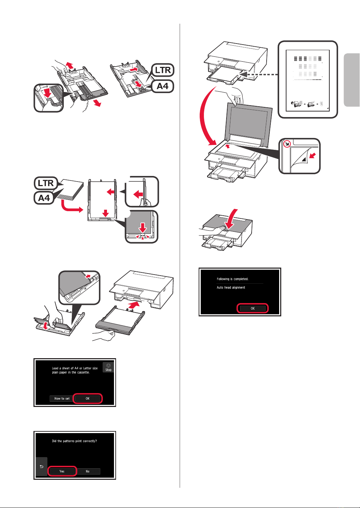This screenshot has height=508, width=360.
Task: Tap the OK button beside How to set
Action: pyautogui.click(x=87, y=399)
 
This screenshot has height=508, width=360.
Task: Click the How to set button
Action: pyautogui.click(x=62, y=399)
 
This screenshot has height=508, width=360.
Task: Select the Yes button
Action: pyautogui.click(x=62, y=471)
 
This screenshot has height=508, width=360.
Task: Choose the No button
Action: pyautogui.click(x=87, y=471)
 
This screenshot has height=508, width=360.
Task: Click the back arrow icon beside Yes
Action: pyautogui.click(x=41, y=467)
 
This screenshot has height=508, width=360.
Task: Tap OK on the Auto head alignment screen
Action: pyautogui.click(x=252, y=308)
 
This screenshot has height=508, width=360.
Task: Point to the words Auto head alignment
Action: pyautogui.click(x=231, y=287)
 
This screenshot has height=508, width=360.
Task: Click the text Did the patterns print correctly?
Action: pyautogui.click(x=74, y=441)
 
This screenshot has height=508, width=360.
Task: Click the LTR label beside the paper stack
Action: pyautogui.click(x=46, y=183)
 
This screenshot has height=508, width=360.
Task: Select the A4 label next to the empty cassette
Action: pyautogui.click(x=163, y=86)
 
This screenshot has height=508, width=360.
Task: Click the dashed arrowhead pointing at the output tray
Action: pyautogui.click(x=244, y=74)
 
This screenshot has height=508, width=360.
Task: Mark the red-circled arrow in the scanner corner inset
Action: pyautogui.click(x=287, y=144)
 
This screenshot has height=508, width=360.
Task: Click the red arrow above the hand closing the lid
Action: pyautogui.click(x=231, y=219)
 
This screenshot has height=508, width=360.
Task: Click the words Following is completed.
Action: pyautogui.click(x=232, y=279)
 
